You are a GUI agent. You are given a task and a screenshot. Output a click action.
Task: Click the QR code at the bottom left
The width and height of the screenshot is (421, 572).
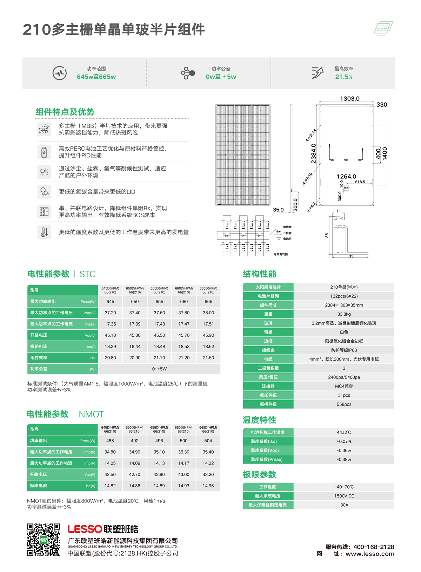pos(44,540)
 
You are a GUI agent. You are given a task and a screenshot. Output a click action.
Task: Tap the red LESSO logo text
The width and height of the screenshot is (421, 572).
pos(85,529)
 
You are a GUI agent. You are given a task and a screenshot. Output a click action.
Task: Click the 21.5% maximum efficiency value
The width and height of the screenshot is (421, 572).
pos(344,77)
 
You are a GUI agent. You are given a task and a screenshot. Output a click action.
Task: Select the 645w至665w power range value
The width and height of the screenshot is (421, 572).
pos(96,77)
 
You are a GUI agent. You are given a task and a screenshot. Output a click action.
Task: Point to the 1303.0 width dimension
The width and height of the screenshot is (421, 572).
pos(350,99)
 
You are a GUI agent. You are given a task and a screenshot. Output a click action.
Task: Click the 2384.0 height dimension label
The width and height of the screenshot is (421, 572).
pos(314,153)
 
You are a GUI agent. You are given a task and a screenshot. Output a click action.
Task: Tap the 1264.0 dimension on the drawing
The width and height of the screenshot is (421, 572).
pos(346,176)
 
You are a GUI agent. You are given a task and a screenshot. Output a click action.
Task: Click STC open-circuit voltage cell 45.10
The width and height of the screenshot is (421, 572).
pos(110,335)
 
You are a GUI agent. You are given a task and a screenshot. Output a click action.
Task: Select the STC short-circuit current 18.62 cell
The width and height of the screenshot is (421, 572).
pos(208,347)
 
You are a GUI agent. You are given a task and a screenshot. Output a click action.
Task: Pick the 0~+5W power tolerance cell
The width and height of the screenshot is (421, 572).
pos(159,369)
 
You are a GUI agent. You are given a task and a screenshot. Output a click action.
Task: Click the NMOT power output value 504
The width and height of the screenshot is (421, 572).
pos(208,441)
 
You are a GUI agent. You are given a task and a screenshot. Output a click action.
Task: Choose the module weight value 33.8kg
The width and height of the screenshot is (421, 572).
pos(344,314)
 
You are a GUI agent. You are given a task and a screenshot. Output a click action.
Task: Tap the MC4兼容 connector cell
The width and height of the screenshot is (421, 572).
pos(344,386)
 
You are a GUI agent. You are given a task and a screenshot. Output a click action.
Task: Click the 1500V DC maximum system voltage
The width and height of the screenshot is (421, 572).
pos(344,496)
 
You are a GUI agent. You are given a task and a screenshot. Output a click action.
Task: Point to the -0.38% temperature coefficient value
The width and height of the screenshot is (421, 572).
pos(344,460)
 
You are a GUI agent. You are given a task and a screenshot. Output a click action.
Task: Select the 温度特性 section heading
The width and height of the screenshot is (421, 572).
pos(259,420)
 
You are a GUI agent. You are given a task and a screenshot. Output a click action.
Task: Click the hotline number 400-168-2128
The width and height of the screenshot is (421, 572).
pos(374,547)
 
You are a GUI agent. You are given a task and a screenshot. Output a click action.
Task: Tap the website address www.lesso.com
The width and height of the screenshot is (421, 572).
pos(370,554)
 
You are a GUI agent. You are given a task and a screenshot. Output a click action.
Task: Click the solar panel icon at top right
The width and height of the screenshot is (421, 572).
pos(383,28)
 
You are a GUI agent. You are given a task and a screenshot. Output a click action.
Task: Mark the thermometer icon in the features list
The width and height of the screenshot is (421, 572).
pos(44,232)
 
